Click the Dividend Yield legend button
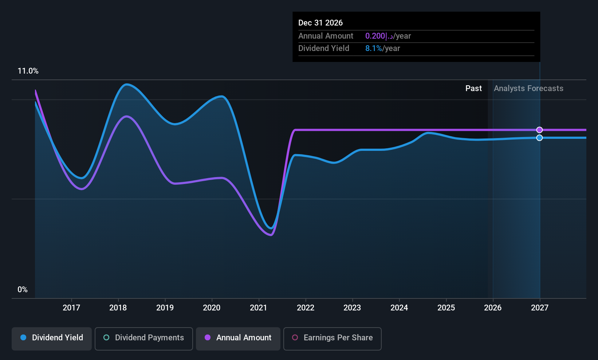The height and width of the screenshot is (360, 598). pos(52,338)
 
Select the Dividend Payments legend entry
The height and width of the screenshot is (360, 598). pos(144,338)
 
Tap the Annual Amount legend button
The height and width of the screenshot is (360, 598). pos(238,338)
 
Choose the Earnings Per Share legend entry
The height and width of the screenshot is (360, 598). pos(332,338)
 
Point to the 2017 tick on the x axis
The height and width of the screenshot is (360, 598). pos(71,308)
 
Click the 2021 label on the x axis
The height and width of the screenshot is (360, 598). pos(259,308)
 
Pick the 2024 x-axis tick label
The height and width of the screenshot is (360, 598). pos(399,308)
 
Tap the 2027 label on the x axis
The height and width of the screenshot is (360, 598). pos(539,308)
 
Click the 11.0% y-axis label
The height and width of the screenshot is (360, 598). pos(28,71)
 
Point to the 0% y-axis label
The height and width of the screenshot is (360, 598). pos(23,290)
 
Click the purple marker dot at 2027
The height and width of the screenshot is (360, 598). pos(539,130)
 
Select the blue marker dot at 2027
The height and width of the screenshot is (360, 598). pos(539,138)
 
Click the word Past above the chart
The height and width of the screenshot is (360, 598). pos(473,89)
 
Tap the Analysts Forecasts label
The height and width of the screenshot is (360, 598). pos(528,89)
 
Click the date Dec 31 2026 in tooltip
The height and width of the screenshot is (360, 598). pos(320,23)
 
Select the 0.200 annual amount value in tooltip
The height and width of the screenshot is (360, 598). pos(375,36)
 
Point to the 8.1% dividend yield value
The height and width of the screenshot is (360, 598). pos(374,48)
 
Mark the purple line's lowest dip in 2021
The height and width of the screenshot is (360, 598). pos(271,235)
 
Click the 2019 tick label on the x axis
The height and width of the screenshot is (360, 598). pos(165,308)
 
